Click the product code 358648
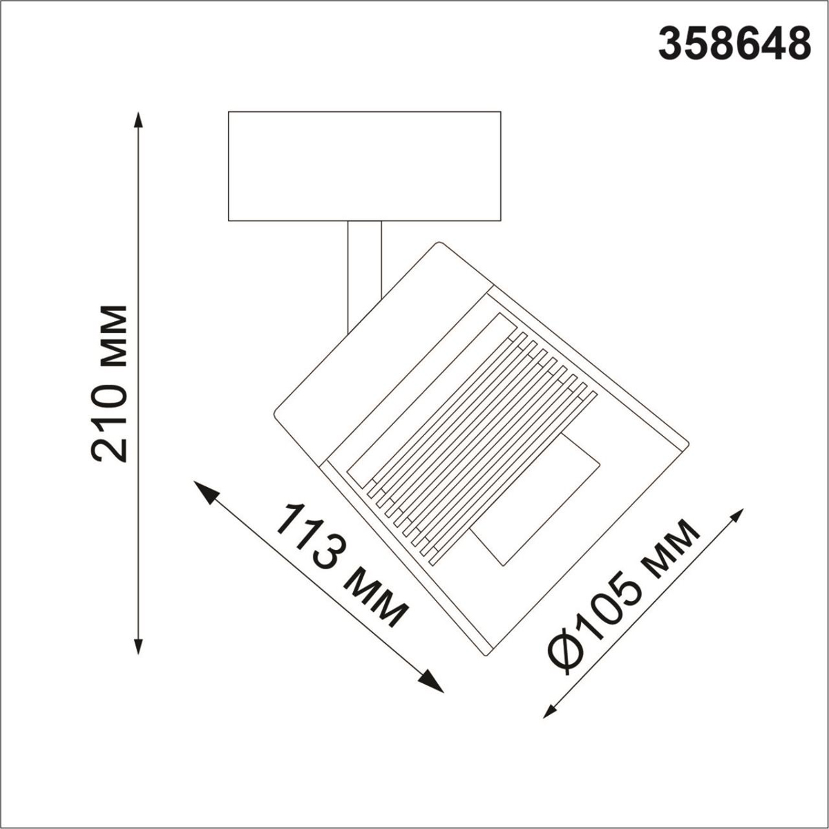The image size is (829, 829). (x=734, y=44)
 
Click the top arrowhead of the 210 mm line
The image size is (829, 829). (x=139, y=119)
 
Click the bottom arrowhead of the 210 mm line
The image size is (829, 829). (x=139, y=645)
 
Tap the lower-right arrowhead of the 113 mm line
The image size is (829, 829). (x=433, y=683)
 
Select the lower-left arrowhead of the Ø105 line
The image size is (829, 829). (x=551, y=711)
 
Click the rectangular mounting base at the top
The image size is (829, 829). (x=364, y=166)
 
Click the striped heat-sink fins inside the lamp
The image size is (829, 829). (x=477, y=442)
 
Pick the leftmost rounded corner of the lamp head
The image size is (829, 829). (x=276, y=414)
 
